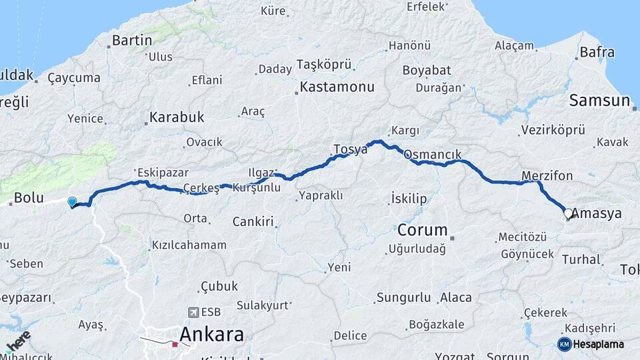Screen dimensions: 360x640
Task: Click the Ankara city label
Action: click(x=212, y=334)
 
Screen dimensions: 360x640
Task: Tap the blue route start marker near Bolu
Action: click(x=72, y=201)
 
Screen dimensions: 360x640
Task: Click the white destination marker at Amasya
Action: click(x=568, y=214)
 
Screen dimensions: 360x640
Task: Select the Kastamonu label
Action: click(x=337, y=87)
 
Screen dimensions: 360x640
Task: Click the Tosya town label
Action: click(x=350, y=149)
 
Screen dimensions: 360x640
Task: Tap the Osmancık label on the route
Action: click(x=433, y=155)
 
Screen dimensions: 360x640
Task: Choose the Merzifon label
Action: click(x=547, y=175)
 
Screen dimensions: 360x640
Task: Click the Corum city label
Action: click(x=422, y=230)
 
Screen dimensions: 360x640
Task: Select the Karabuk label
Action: click(x=177, y=117)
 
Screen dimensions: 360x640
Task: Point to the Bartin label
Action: click(x=132, y=41)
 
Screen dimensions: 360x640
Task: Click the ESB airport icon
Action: click(x=193, y=311)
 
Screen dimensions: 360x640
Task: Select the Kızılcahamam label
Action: click(x=189, y=245)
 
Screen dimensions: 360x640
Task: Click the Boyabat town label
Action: click(x=427, y=70)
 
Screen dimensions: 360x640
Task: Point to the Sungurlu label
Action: click(x=403, y=297)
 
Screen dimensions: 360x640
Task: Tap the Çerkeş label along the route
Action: click(x=201, y=188)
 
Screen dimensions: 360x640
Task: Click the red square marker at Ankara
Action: click(x=175, y=345)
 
